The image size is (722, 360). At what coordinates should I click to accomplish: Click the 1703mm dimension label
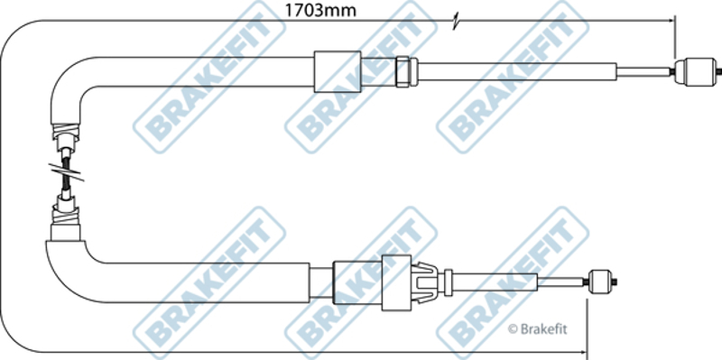click(320, 10)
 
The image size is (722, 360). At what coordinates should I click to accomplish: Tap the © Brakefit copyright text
click(537, 329)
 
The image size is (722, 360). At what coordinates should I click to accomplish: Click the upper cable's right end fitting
click(696, 72)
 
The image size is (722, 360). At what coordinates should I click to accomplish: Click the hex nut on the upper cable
click(403, 71)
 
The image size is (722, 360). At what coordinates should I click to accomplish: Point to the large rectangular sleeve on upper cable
click(338, 71)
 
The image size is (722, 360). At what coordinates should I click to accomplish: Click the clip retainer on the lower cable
click(425, 282)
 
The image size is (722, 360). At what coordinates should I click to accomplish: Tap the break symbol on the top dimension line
click(456, 22)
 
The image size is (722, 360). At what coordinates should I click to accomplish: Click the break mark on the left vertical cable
click(66, 171)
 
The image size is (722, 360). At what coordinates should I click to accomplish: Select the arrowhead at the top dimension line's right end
click(671, 21)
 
